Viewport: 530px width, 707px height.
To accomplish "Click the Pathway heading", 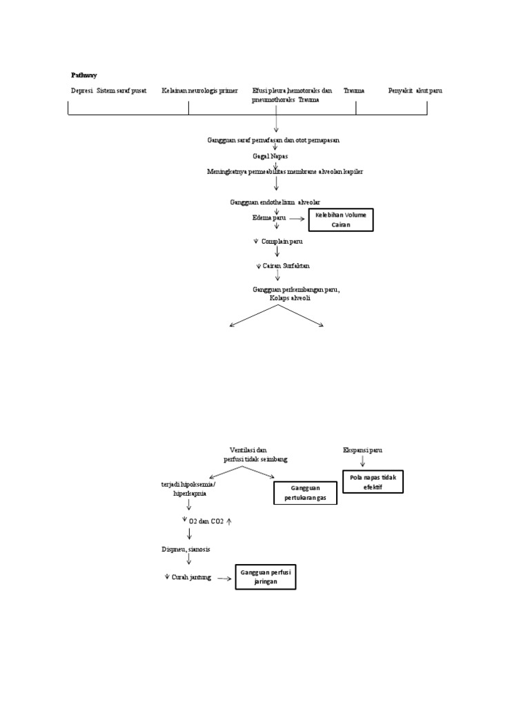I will tap(84, 75).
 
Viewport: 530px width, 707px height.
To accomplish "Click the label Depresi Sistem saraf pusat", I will tap(108, 90).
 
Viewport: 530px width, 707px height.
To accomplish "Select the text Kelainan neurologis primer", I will tap(199, 90).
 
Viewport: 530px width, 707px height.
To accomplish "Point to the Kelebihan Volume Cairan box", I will tap(341, 220).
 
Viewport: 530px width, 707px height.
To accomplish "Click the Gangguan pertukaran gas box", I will tap(304, 493).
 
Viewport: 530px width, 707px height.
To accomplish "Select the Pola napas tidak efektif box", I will tap(373, 481).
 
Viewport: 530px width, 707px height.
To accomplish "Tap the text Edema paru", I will tap(269, 217).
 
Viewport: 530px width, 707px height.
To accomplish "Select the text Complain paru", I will tap(282, 242).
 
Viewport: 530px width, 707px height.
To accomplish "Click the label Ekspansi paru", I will tap(362, 450).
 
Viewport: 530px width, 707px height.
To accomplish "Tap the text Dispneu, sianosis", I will tap(181, 549).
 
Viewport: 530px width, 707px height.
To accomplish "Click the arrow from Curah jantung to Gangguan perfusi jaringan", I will tap(224, 578).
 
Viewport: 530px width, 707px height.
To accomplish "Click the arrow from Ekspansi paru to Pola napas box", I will tap(362, 461).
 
